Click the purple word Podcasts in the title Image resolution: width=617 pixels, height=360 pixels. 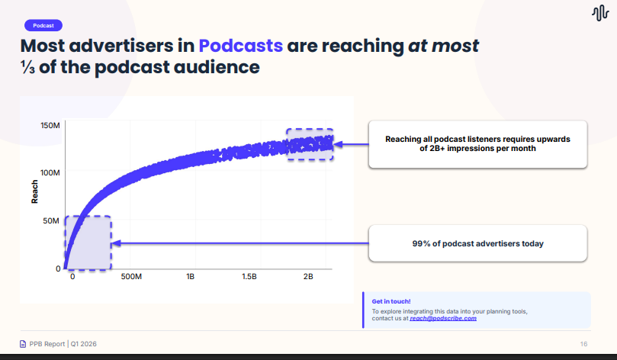240,45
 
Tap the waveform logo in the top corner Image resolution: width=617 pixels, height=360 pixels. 599,14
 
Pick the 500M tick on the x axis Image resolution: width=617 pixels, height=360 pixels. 132,276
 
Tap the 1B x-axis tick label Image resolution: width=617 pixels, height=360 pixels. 191,276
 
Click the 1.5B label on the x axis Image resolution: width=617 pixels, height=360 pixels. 249,276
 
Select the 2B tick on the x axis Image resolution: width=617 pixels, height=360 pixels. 308,276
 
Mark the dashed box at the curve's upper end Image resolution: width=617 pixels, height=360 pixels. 310,144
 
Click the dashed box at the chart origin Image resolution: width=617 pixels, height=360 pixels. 88,243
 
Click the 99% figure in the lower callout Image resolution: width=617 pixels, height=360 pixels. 422,244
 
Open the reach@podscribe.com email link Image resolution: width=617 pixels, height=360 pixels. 443,318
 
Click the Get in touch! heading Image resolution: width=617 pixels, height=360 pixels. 391,301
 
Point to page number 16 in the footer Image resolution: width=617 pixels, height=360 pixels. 583,344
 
